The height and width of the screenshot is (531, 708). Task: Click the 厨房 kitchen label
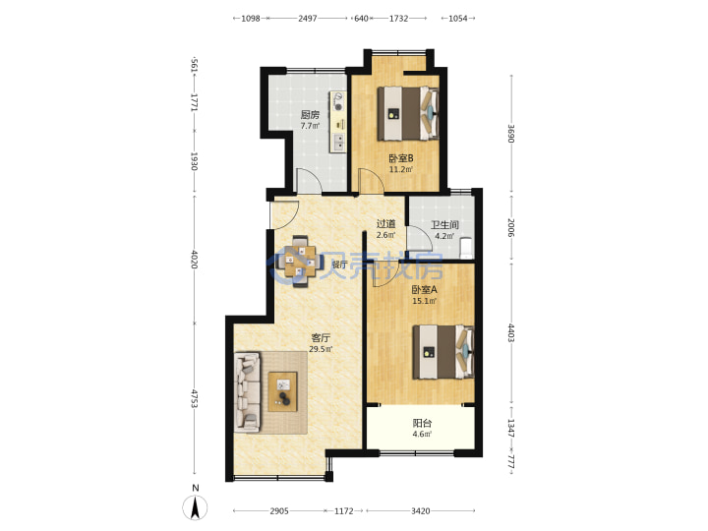pos(310,115)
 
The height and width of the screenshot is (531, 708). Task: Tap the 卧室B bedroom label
pos(401,158)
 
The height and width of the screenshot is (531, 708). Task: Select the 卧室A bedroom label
pos(425,289)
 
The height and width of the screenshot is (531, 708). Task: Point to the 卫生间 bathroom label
pos(444,224)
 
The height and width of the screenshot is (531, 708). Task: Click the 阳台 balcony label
pos(422,423)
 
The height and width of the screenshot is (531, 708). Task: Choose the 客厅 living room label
pos(321,337)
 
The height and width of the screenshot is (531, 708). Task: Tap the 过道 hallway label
pos(386,223)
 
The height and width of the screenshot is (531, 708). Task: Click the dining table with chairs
pos(300,261)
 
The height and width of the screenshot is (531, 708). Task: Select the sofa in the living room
pos(248,392)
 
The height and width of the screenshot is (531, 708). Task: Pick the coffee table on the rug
pos(283,391)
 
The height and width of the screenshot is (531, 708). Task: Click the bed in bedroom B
pos(408,113)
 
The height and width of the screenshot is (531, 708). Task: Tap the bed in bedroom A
pos(443,352)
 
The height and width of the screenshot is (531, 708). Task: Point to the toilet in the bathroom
pos(466,248)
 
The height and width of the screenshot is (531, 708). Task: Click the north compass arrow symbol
pos(195,507)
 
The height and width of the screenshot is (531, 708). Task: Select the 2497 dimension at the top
pos(308,19)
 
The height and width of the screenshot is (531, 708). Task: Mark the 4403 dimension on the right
pos(510,332)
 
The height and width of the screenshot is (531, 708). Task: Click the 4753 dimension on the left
pos(194,398)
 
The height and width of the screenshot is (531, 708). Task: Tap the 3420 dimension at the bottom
pos(421,510)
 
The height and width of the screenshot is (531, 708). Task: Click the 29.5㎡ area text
pos(321,349)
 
